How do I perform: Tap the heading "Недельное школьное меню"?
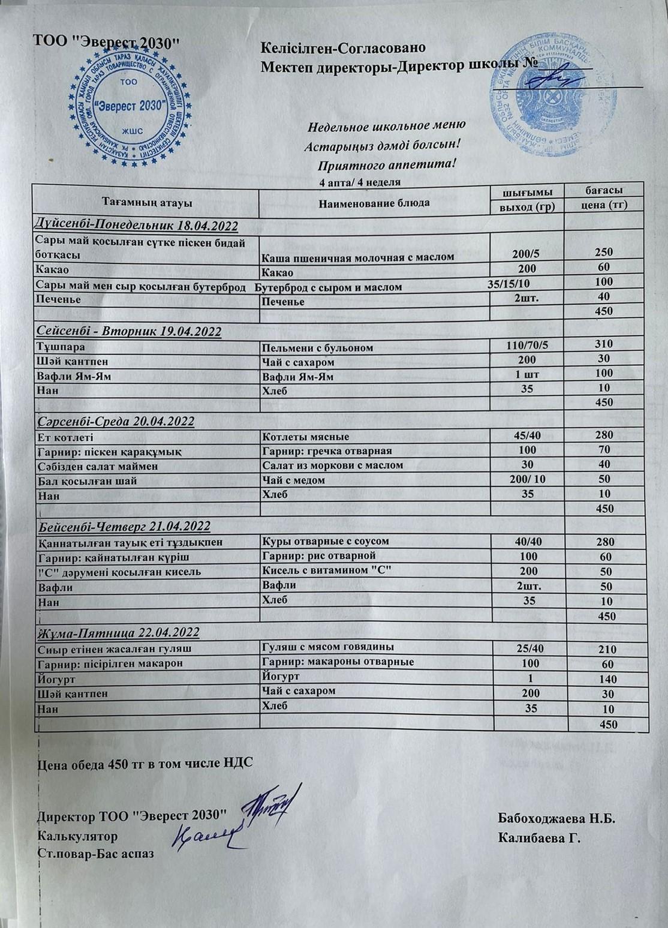click(387, 126)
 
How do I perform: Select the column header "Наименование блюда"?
click(374, 203)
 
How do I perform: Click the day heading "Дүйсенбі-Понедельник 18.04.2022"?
click(137, 226)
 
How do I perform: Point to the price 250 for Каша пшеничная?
click(604, 253)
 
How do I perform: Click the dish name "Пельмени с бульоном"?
click(317, 348)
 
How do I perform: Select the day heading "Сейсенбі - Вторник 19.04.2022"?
click(129, 331)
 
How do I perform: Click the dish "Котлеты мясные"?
click(306, 437)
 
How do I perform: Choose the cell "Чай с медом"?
click(294, 480)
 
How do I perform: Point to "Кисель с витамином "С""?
click(327, 570)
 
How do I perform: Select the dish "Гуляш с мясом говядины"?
click(328, 647)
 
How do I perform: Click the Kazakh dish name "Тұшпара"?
click(61, 347)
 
